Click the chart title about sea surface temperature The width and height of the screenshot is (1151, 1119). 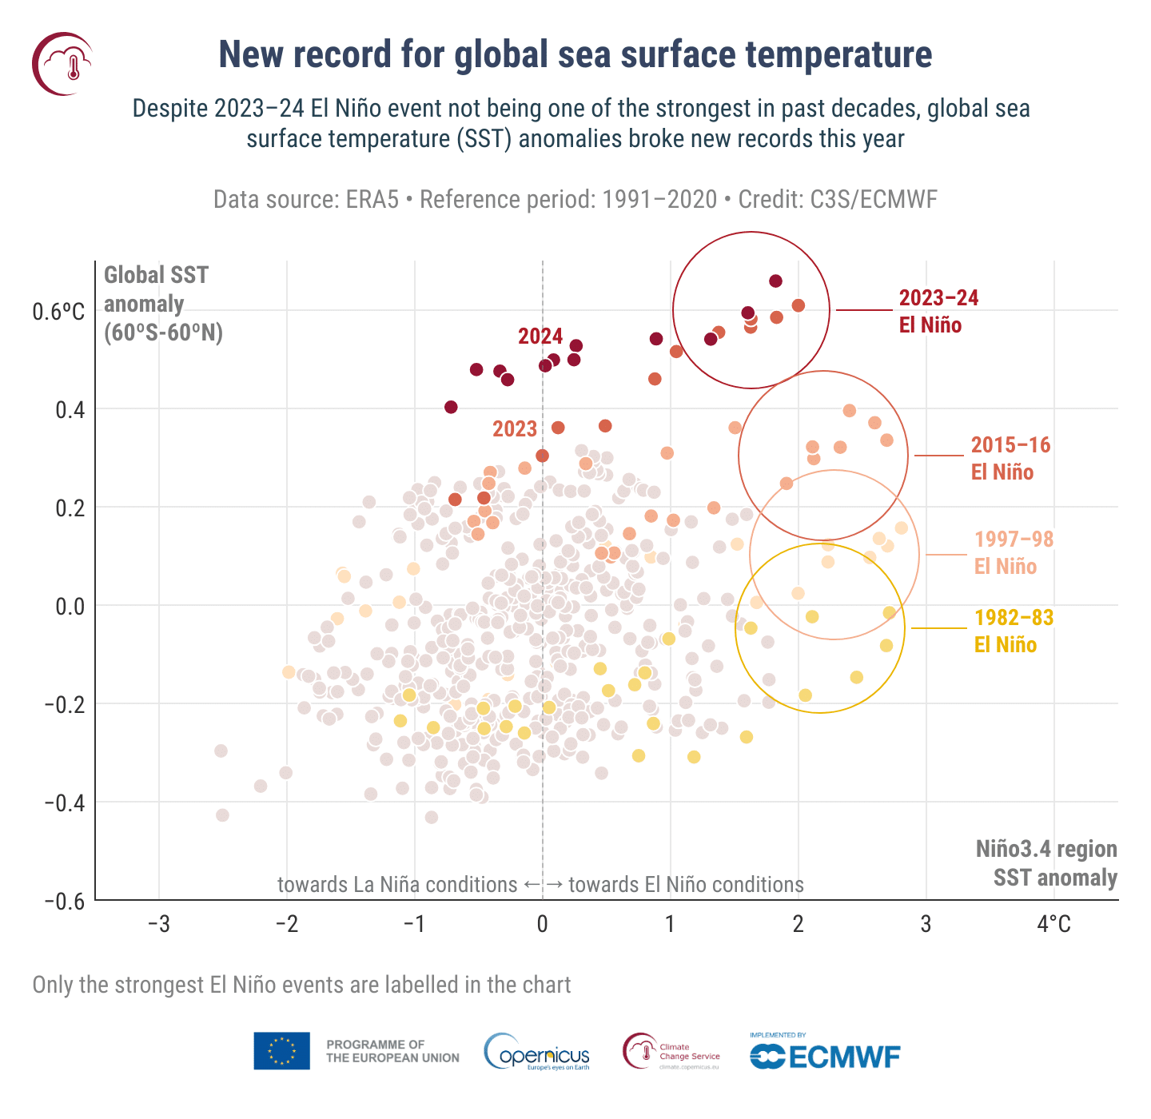[x=575, y=55]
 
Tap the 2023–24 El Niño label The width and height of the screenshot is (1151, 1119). [x=938, y=311]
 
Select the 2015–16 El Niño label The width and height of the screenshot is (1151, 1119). [x=1010, y=458]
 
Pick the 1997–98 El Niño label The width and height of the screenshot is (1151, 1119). [x=1014, y=552]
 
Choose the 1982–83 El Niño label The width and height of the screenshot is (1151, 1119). [x=1014, y=631]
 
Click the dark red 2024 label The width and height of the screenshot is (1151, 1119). [x=540, y=336]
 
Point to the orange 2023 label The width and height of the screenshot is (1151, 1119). [x=515, y=429]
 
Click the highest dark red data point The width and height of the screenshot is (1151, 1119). [x=775, y=281]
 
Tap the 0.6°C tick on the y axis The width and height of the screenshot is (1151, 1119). [x=58, y=312]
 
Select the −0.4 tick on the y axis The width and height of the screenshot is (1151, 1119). [x=63, y=802]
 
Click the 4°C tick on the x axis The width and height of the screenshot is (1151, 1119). [x=1053, y=925]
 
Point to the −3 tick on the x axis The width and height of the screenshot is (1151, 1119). [x=159, y=925]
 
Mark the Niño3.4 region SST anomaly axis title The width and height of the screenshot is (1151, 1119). [x=1045, y=863]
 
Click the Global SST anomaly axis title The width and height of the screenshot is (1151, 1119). [x=163, y=304]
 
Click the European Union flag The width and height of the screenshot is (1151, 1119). [x=281, y=1051]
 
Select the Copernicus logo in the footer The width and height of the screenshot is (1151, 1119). [x=537, y=1052]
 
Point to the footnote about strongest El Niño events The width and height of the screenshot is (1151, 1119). [x=301, y=985]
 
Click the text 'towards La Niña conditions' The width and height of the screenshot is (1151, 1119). [x=397, y=885]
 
